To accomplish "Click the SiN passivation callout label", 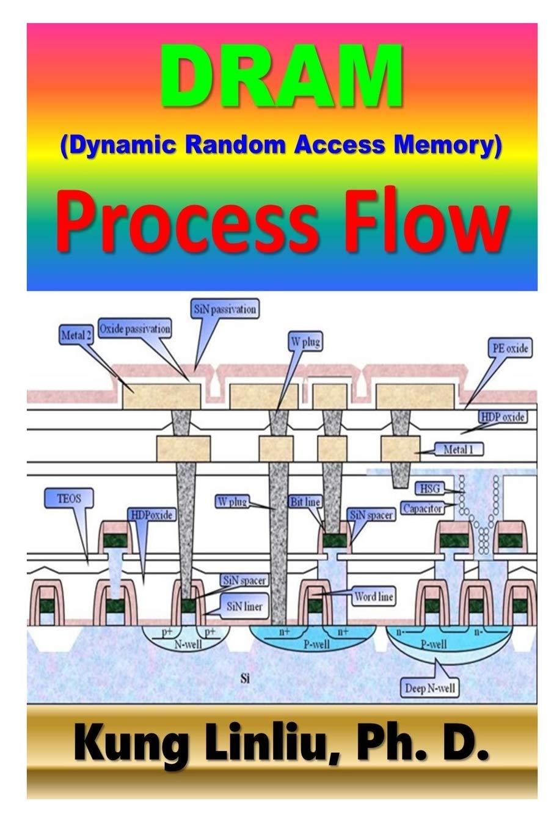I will [x=224, y=309].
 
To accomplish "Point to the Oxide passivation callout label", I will [x=134, y=329].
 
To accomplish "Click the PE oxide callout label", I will [x=509, y=348].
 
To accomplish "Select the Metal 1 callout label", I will [x=458, y=450].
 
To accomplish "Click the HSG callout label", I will [x=428, y=488].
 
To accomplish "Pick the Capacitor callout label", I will [x=422, y=508].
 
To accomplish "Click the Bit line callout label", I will [x=305, y=502].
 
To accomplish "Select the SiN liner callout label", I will [x=244, y=606].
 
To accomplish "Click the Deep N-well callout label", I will [x=430, y=689].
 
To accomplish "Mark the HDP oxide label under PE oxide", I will [x=503, y=417].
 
